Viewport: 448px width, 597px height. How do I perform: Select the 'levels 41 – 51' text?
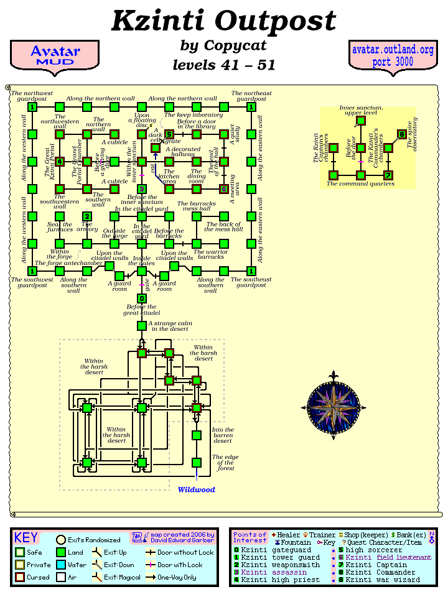[223, 65]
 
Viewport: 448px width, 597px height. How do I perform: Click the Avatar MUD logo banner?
[55, 55]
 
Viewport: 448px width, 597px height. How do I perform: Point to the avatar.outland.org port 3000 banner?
[392, 55]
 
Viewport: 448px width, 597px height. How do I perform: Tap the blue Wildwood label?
[196, 489]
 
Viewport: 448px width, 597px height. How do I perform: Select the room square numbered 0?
[142, 298]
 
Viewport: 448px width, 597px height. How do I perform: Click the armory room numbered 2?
[87, 216]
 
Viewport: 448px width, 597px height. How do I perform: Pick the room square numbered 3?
[142, 189]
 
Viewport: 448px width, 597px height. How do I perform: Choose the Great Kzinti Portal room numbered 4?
[60, 162]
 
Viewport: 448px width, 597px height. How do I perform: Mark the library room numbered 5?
[169, 134]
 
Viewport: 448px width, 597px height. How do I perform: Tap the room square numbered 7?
[388, 175]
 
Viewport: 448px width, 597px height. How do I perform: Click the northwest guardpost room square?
[32, 107]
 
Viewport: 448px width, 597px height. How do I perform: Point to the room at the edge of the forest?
[197, 462]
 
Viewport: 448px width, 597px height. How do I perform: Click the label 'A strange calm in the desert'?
[169, 325]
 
